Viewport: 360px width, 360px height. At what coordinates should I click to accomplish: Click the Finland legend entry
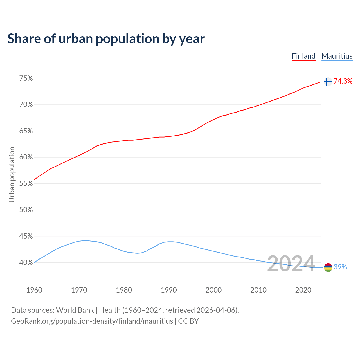[303, 56]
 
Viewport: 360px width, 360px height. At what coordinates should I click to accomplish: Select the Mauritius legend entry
[337, 56]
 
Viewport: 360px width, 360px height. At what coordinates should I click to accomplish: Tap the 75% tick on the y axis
[26, 78]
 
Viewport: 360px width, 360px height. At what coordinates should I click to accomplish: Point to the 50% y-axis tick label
[26, 210]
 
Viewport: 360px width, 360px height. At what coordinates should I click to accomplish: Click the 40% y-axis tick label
[26, 263]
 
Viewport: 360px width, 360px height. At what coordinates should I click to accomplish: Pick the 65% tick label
[26, 131]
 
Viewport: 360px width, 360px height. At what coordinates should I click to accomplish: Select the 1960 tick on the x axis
[34, 290]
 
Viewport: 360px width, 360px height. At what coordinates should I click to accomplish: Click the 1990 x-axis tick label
[169, 290]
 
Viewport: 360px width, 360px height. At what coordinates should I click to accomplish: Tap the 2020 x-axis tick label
[303, 290]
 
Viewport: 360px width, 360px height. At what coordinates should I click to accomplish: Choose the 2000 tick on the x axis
[213, 290]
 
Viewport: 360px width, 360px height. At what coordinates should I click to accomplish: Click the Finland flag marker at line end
[328, 82]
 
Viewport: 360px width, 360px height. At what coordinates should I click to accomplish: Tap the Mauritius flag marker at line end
[328, 267]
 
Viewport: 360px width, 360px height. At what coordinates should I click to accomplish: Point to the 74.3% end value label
[343, 81]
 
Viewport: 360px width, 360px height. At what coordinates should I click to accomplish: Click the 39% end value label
[340, 267]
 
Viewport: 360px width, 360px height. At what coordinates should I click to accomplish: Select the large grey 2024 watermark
[291, 264]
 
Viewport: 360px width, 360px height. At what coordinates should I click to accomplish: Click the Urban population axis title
[12, 174]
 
